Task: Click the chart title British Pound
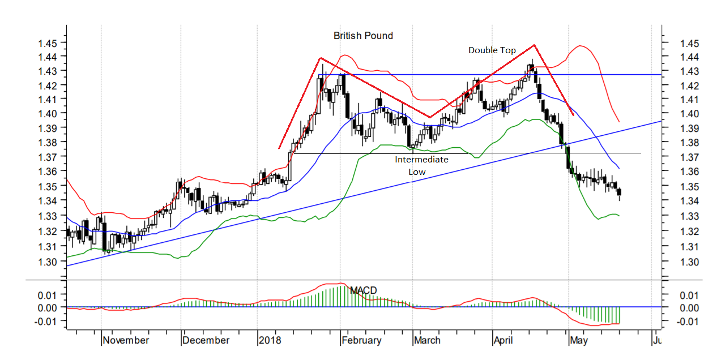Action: pyautogui.click(x=363, y=36)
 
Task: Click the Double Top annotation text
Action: pyautogui.click(x=492, y=50)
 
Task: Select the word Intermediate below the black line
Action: pyautogui.click(x=421, y=160)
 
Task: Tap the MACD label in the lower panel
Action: pyautogui.click(x=363, y=290)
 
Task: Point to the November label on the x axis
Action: pyautogui.click(x=126, y=340)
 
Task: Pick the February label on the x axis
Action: pyautogui.click(x=361, y=340)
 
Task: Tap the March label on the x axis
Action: pyautogui.click(x=427, y=340)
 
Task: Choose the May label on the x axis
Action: pyautogui.click(x=579, y=340)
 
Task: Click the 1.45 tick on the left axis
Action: pyautogui.click(x=47, y=43)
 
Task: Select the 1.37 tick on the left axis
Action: pyautogui.click(x=47, y=156)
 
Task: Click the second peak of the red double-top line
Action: pyautogui.click(x=534, y=45)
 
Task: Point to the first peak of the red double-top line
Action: pyautogui.click(x=321, y=58)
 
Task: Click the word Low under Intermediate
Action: pyautogui.click(x=417, y=172)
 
